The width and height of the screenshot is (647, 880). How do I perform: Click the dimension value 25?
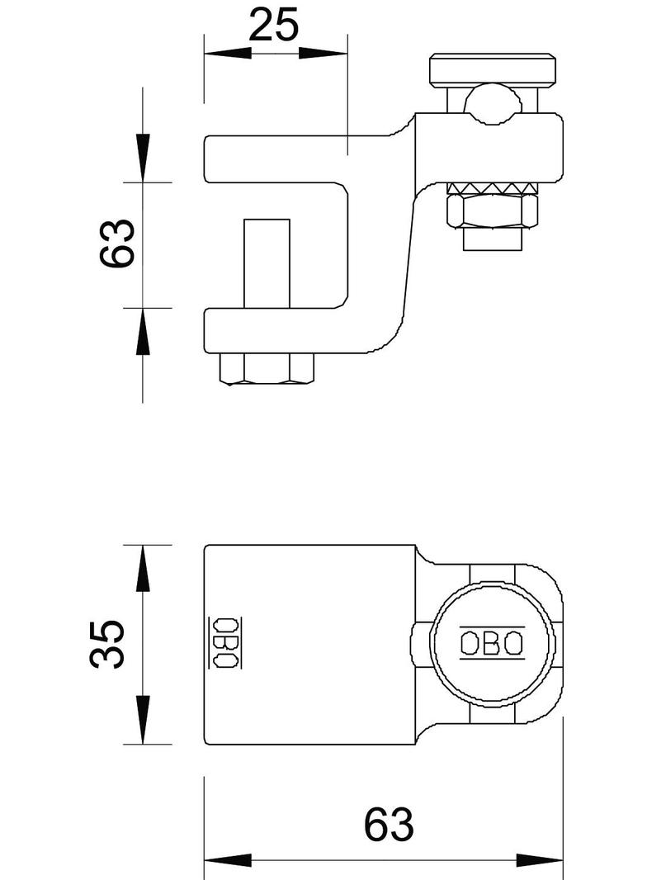pyautogui.click(x=274, y=26)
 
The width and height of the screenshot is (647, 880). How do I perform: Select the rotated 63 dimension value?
pyautogui.click(x=117, y=243)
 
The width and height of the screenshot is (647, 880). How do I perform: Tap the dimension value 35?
pyautogui.click(x=108, y=644)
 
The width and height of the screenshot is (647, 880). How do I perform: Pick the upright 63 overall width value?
pyautogui.click(x=388, y=825)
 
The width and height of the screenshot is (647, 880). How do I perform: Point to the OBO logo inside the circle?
pyautogui.click(x=491, y=642)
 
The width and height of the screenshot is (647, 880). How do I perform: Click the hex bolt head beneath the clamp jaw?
pyautogui.click(x=267, y=369)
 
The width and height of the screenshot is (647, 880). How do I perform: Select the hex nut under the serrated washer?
pyautogui.click(x=492, y=211)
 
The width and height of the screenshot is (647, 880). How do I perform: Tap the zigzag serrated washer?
pyautogui.click(x=492, y=189)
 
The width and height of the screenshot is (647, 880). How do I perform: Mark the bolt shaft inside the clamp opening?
pyautogui.click(x=267, y=263)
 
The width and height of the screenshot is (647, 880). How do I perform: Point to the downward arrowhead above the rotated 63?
pyautogui.click(x=143, y=157)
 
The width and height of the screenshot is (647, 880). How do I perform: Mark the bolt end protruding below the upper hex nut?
pyautogui.click(x=492, y=239)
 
